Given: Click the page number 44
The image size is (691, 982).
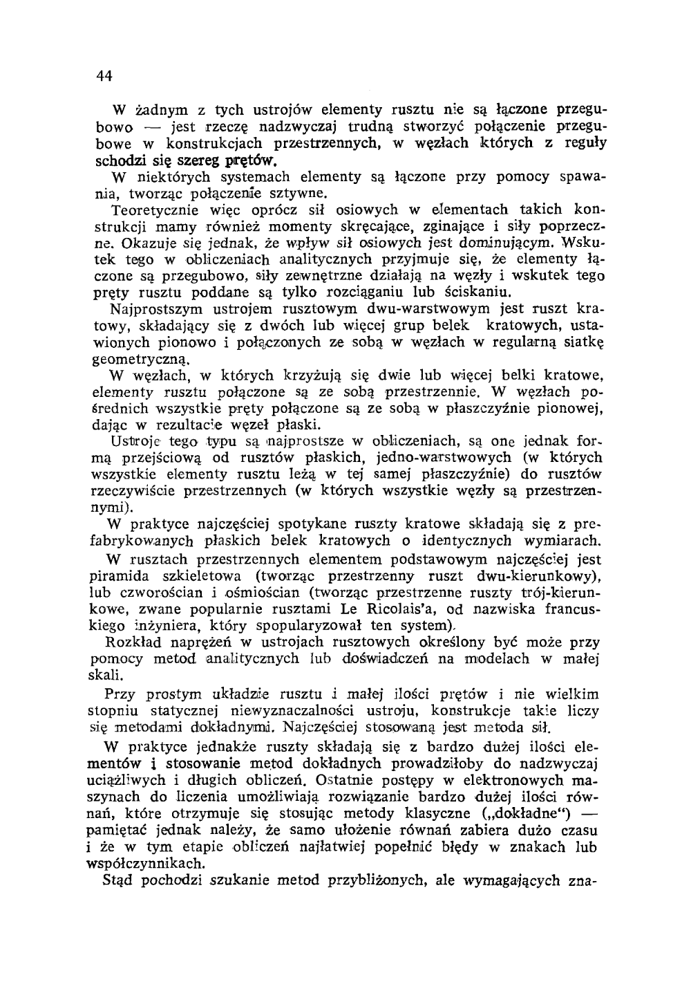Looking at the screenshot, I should [104, 76].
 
